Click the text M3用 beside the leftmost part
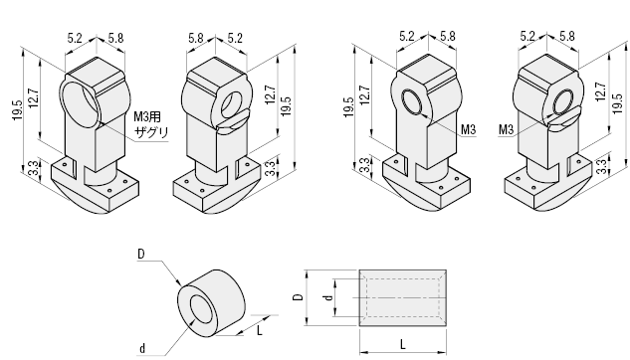tap(147, 116)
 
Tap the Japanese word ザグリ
tap(151, 132)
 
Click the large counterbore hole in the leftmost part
tap(80, 103)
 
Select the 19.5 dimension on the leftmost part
tap(17, 110)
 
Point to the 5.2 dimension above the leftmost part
tap(75, 38)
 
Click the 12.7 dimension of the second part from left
tap(270, 95)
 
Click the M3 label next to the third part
tap(468, 129)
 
